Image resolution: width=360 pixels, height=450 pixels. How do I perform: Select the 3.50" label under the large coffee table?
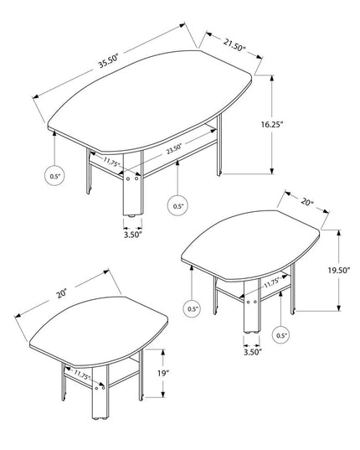tap(131, 235)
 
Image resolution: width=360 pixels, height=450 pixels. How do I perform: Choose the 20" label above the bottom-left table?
tap(62, 294)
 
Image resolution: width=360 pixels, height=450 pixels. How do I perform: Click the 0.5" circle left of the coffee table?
tap(54, 176)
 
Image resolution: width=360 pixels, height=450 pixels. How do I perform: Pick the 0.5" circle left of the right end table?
tap(193, 308)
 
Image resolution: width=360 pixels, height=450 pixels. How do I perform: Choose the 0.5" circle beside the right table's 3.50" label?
tap(281, 335)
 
